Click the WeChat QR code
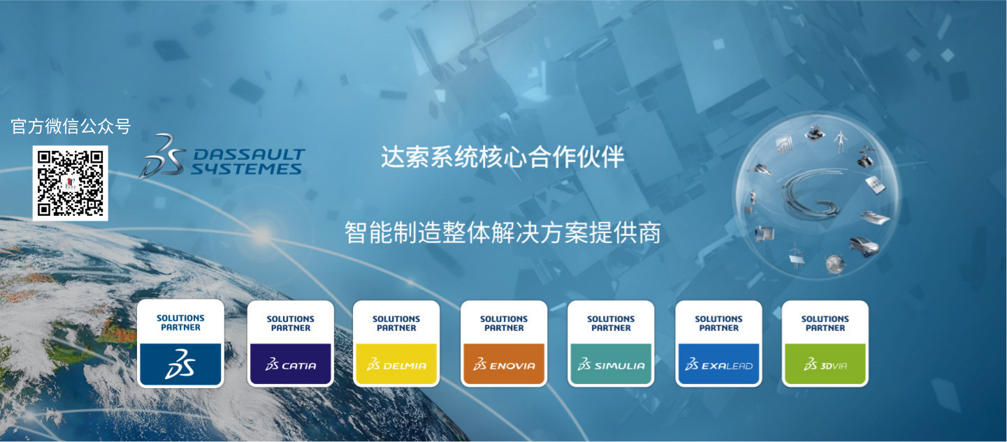(70, 183)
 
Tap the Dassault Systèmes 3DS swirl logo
(163, 157)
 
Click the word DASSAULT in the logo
(249, 154)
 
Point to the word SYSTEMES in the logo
(246, 169)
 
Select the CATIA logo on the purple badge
(291, 364)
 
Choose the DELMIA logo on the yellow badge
(396, 364)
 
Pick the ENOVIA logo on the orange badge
(504, 364)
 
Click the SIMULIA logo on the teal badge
(611, 364)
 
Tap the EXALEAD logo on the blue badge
(719, 364)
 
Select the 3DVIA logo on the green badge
(825, 364)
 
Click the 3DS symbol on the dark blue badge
(180, 364)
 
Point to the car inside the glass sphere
(864, 246)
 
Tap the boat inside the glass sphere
(874, 217)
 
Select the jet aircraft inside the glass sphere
(760, 170)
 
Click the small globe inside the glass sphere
(835, 264)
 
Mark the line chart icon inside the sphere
(783, 144)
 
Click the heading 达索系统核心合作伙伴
(502, 157)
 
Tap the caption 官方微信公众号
(71, 126)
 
